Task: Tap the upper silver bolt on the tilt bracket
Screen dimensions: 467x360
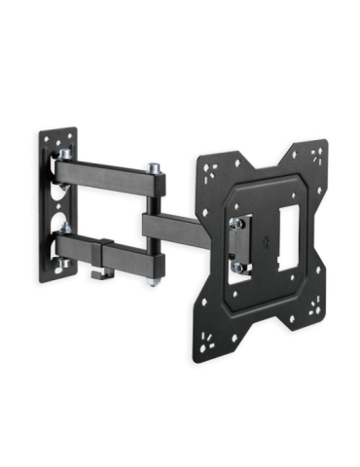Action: coord(236,225)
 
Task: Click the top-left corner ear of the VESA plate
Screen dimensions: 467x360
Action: coord(205,160)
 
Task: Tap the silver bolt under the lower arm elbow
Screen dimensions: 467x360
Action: coord(156,281)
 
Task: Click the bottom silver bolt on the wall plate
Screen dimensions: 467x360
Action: coord(64,264)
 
